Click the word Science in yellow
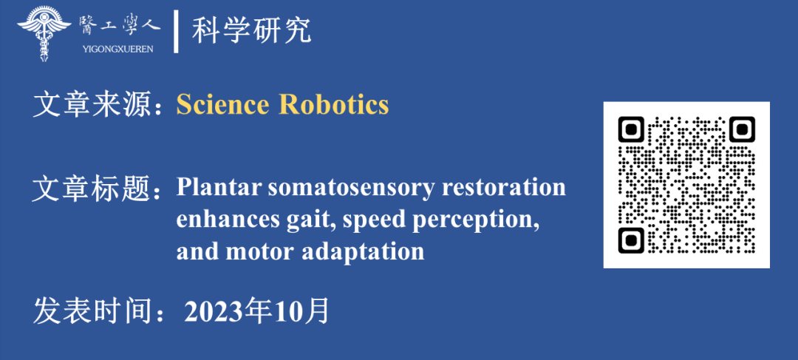coord(222,105)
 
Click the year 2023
coord(214,312)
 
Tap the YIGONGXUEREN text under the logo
coord(117,50)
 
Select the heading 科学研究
coord(251,31)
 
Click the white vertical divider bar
coord(176,31)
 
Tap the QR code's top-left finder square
coord(631,129)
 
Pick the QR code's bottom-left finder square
coord(631,240)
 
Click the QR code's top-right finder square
coord(742,129)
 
